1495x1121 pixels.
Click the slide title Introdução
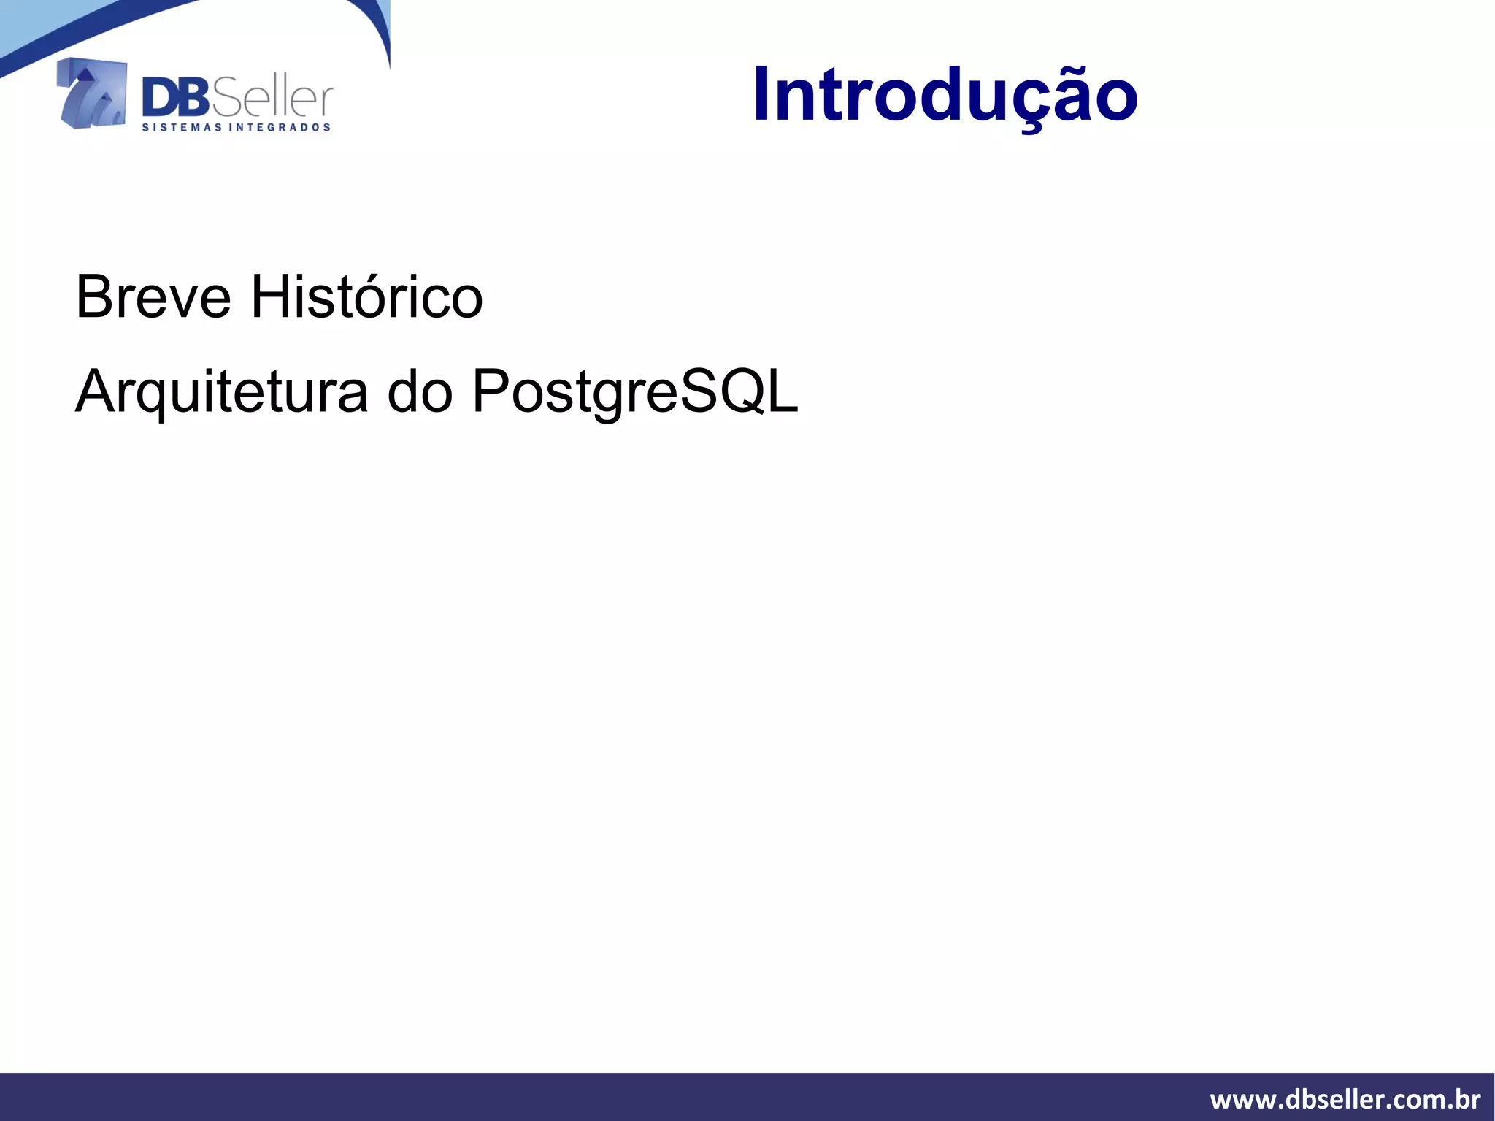tap(945, 95)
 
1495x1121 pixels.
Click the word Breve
tap(153, 297)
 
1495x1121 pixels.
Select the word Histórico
tap(366, 297)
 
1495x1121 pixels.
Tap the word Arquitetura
tap(221, 392)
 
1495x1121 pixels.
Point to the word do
tap(420, 392)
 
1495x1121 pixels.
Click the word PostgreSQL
tap(635, 392)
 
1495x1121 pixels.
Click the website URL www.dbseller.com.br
tap(1345, 1098)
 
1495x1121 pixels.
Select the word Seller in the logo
tap(272, 99)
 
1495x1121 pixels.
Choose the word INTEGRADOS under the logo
tap(280, 128)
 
